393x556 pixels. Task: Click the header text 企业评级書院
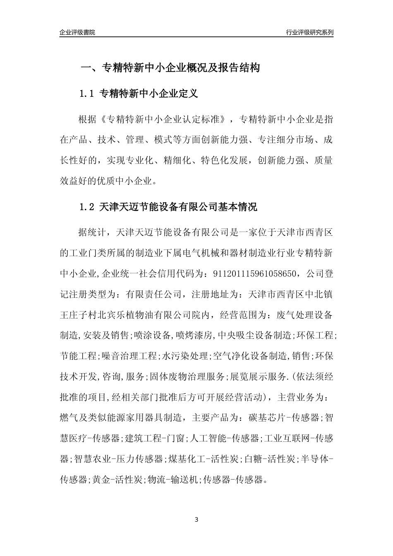pyautogui.click(x=77, y=32)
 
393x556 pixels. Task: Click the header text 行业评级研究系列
pyautogui.click(x=309, y=32)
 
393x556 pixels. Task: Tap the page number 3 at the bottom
pyautogui.click(x=196, y=519)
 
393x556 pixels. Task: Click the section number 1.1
pyautogui.click(x=87, y=94)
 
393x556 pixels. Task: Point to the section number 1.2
pyautogui.click(x=87, y=207)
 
